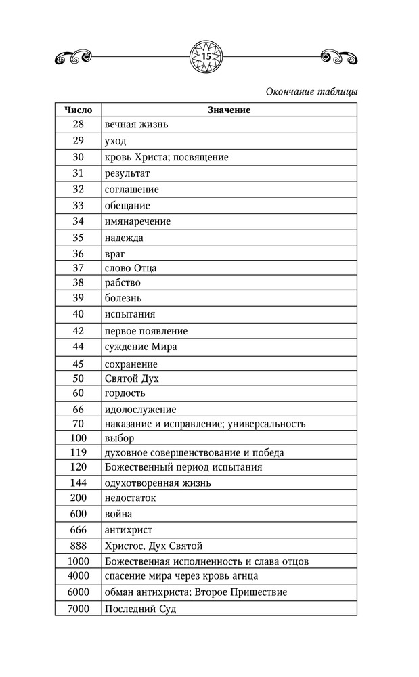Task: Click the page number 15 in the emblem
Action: tap(206, 56)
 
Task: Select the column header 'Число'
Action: tap(78, 110)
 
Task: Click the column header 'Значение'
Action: tap(229, 110)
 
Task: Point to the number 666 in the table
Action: tap(78, 530)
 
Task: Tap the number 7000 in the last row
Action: tap(78, 609)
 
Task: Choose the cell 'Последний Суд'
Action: tap(141, 609)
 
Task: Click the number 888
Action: tap(78, 546)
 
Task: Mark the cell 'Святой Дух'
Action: tap(132, 378)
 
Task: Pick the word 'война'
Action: tap(118, 514)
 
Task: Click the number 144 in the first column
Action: tap(78, 483)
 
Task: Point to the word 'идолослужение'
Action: tap(141, 410)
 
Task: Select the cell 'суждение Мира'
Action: tap(141, 347)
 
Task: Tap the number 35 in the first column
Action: tap(78, 238)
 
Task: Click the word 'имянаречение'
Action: tap(137, 221)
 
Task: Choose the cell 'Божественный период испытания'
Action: tap(183, 467)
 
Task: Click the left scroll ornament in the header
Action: tap(70, 57)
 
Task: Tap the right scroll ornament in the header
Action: tap(340, 57)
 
